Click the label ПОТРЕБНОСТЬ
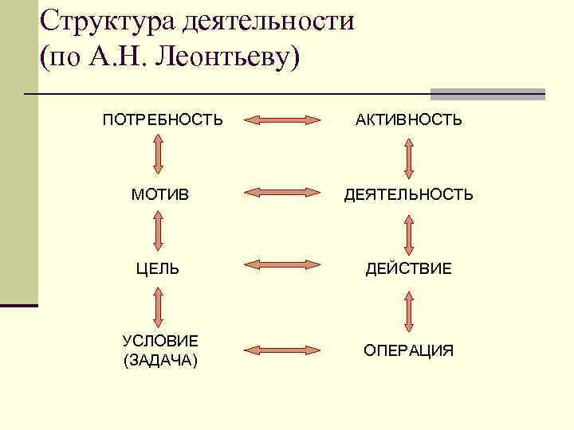162,120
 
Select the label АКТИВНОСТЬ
408,120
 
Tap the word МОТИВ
159,194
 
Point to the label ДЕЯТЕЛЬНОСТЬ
408,194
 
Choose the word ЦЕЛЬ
159,269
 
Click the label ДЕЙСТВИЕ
408,269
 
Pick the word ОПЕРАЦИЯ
408,350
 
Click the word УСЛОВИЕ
160,342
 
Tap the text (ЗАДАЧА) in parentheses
160,361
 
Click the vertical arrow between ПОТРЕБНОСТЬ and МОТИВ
158,156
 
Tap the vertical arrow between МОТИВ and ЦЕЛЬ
158,232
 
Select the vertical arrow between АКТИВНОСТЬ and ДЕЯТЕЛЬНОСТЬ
409,158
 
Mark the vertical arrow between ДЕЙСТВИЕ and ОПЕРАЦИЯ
409,311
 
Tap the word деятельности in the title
267,22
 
